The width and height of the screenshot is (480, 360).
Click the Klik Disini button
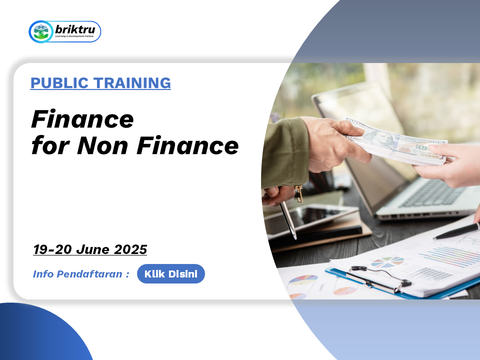pos(171,273)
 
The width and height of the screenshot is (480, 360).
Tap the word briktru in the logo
pos(75,29)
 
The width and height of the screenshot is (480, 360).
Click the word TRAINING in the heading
pos(132,83)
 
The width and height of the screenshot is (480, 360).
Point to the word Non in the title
pos(102,145)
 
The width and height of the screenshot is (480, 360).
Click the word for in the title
pos(50,145)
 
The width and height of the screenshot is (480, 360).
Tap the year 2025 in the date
pos(130,249)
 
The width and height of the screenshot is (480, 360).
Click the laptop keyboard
pos(434,192)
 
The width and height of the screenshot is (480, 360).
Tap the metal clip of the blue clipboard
pos(379,278)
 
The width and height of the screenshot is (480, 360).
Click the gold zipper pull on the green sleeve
pos(299,194)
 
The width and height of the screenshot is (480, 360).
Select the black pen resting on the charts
pos(456,231)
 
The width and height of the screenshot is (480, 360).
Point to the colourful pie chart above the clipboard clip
pos(387,261)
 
